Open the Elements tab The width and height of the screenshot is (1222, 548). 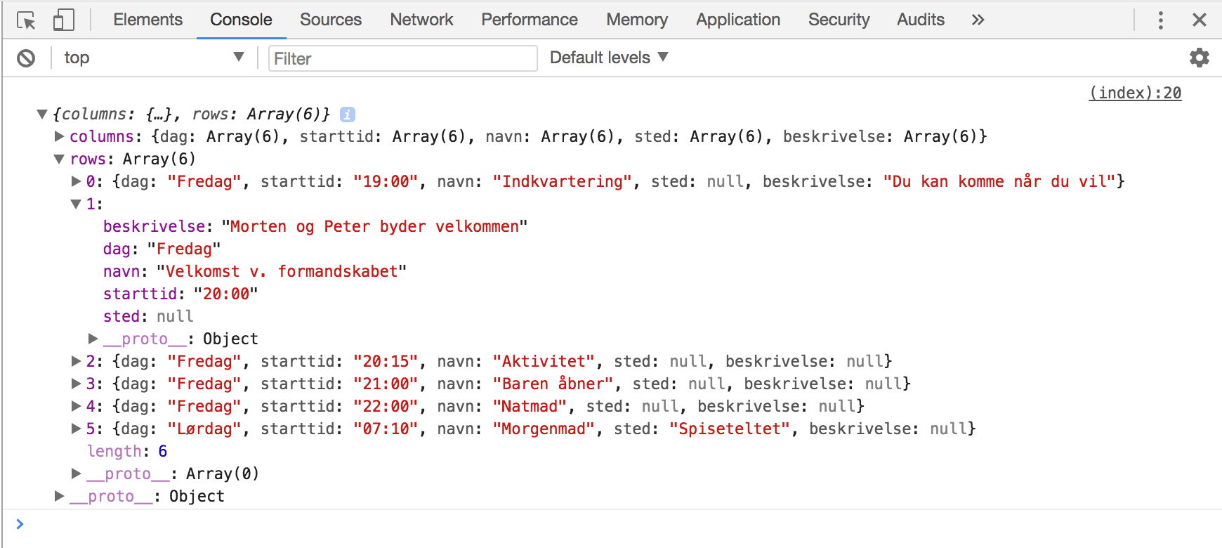pyautogui.click(x=147, y=20)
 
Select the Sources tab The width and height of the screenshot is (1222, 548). pyautogui.click(x=330, y=20)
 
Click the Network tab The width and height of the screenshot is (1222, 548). pyautogui.click(x=421, y=20)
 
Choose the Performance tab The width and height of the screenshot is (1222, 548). pyautogui.click(x=529, y=20)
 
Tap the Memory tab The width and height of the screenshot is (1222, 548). pyautogui.click(x=636, y=20)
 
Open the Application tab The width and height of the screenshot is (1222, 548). pyautogui.click(x=737, y=20)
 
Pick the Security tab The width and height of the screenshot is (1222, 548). pyautogui.click(x=839, y=20)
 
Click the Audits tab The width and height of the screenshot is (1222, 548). pyautogui.click(x=920, y=20)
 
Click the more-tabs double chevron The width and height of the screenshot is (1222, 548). pyautogui.click(x=978, y=20)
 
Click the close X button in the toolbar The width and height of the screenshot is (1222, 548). pyautogui.click(x=1199, y=20)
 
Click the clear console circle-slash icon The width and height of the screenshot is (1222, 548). pyautogui.click(x=26, y=58)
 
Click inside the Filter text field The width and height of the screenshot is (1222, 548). pyautogui.click(x=402, y=58)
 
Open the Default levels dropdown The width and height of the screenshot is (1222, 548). pyautogui.click(x=608, y=58)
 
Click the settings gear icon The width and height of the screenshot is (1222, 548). pyautogui.click(x=1199, y=58)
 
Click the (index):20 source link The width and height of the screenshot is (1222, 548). pyautogui.click(x=1135, y=93)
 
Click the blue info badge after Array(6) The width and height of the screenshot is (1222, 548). pyautogui.click(x=347, y=115)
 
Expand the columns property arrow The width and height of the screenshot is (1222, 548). pyautogui.click(x=60, y=136)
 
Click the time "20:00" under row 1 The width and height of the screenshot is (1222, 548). pyautogui.click(x=226, y=294)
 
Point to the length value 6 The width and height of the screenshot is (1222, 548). pyautogui.click(x=163, y=451)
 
